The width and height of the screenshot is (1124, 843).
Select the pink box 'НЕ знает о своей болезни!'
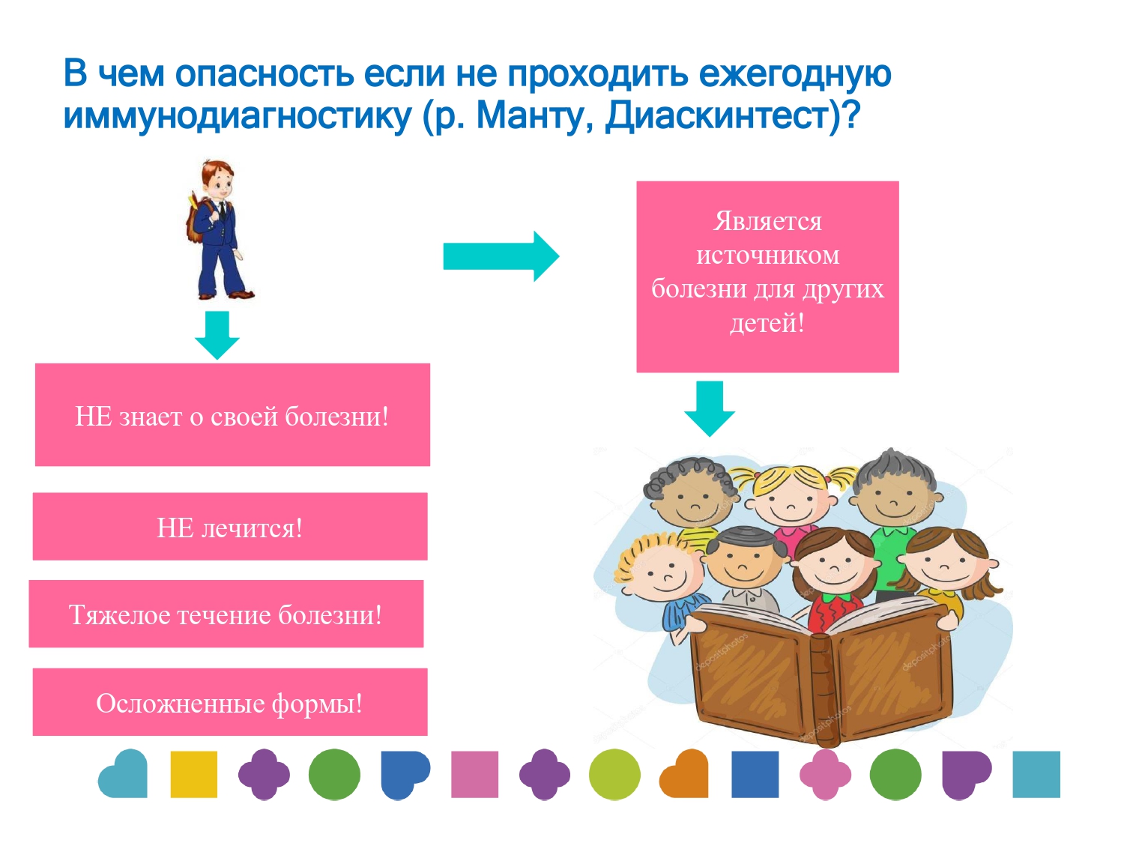(x=232, y=414)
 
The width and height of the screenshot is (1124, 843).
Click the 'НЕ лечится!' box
(x=230, y=526)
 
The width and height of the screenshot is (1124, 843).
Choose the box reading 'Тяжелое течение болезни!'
(x=226, y=613)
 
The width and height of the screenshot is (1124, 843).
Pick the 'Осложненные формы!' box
(x=230, y=701)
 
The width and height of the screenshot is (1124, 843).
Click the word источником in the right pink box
(x=767, y=254)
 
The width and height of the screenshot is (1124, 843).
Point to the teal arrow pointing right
(x=501, y=256)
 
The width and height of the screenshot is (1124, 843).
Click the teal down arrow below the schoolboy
(x=217, y=335)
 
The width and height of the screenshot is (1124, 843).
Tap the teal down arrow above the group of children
(x=709, y=408)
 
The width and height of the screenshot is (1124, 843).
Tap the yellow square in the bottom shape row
(x=193, y=774)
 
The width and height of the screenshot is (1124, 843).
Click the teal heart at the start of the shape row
(x=124, y=773)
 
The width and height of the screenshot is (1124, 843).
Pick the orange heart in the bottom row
(x=684, y=773)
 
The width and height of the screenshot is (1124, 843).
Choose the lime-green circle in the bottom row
(x=614, y=774)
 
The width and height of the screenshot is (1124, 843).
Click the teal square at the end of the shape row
(x=1036, y=774)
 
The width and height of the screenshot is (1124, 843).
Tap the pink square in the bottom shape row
(x=474, y=774)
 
